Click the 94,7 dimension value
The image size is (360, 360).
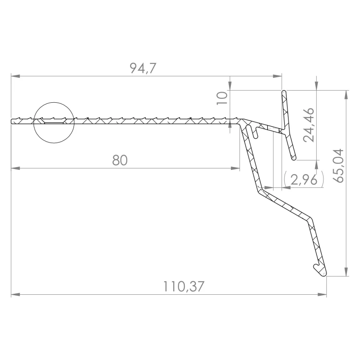click(143, 68)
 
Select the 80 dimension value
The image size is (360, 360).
click(120, 160)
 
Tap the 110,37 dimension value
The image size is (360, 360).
click(183, 287)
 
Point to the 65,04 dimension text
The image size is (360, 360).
click(338, 166)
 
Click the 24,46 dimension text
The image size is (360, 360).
click(308, 125)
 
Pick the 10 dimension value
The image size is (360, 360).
click(222, 98)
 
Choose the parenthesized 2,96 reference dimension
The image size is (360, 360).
click(304, 180)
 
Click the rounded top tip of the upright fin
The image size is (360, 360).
click(284, 92)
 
